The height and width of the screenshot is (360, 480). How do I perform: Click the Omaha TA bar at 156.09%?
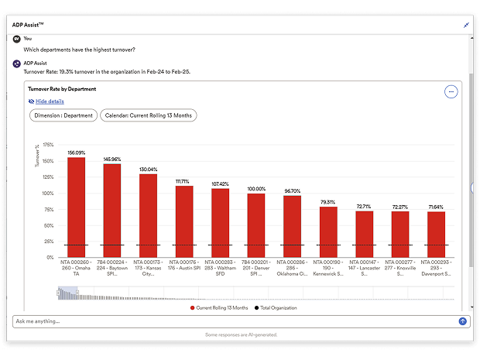76,205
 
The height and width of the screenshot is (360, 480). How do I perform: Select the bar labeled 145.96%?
112,209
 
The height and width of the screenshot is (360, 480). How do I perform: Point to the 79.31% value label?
328,202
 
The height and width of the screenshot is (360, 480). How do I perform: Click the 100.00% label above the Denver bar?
256,188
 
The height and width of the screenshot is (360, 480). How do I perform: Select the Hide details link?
50,101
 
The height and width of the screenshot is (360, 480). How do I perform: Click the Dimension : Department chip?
63,115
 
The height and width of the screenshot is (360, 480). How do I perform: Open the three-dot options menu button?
451,91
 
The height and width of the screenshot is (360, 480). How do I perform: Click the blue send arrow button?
463,321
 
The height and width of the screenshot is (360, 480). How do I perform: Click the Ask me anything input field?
232,321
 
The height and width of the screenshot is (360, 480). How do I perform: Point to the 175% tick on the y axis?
48,145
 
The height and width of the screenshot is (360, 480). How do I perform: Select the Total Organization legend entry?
275,307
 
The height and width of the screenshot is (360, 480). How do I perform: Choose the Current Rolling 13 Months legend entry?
219,307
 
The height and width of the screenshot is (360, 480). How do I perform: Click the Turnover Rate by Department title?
62,89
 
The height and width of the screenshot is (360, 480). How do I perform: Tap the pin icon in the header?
466,25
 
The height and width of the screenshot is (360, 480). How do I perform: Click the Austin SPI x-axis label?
184,268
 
